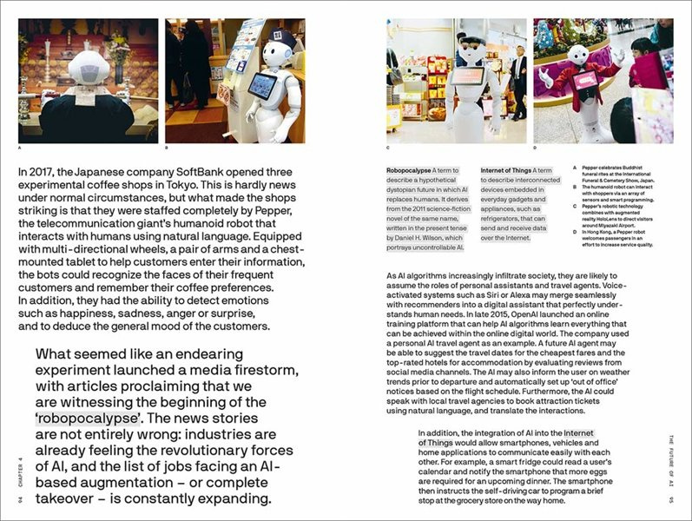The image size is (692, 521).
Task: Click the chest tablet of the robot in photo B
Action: tap(261, 87)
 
